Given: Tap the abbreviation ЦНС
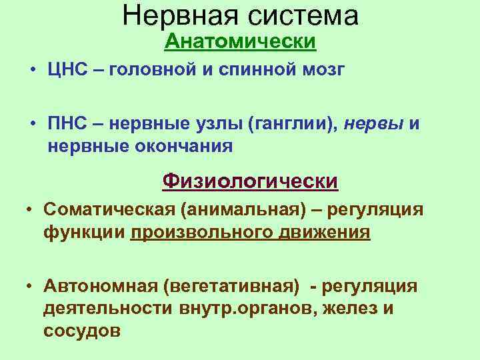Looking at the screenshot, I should (65, 71).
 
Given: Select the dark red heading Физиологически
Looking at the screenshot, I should (251, 181).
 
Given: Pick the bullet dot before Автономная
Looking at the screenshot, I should (30, 287).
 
